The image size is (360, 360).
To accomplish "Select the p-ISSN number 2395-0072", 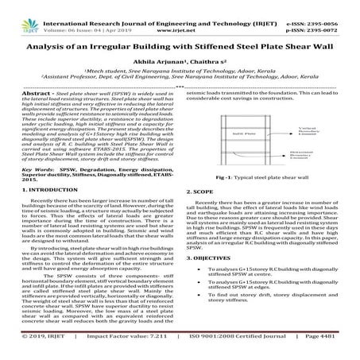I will (333, 14).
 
